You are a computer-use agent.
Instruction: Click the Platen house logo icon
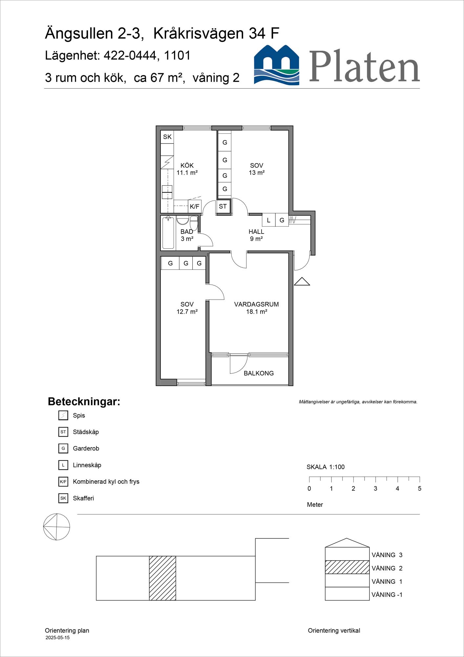point(277,65)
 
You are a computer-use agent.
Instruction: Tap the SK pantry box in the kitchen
point(167,137)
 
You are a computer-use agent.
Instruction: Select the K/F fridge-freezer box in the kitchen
point(195,206)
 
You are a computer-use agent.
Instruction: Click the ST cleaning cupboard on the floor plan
point(223,206)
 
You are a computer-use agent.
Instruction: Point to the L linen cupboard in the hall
point(269,220)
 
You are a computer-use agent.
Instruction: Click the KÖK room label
point(187,166)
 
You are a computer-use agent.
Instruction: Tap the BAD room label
point(187,232)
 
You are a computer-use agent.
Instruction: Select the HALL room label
point(256,232)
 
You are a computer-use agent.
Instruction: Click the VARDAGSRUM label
point(257,304)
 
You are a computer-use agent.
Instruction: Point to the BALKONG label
point(259,373)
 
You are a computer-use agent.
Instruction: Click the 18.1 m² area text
point(257,312)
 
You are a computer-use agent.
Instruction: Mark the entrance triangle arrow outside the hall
point(302,282)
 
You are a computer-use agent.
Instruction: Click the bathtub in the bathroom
point(168,233)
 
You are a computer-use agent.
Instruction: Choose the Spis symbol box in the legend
point(63,416)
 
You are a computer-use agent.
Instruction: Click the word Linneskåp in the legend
point(87,465)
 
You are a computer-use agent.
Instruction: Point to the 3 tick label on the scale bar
point(375,488)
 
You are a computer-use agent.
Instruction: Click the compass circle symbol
point(57,527)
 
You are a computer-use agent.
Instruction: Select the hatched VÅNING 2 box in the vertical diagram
point(347,567)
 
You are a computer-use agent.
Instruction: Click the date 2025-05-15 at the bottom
point(57,638)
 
